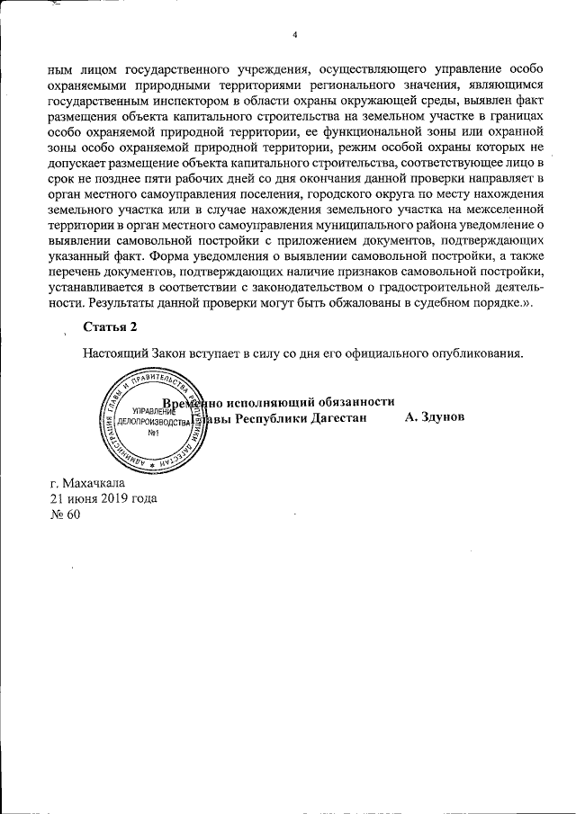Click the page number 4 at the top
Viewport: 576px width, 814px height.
[x=294, y=35]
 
